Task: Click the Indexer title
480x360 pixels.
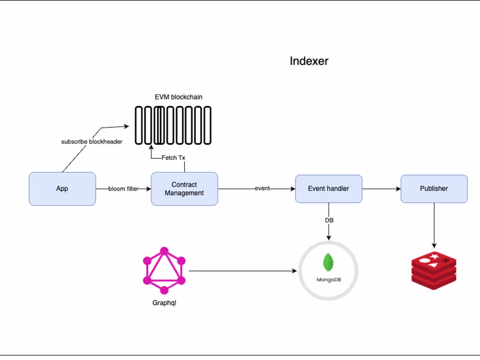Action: pyautogui.click(x=309, y=61)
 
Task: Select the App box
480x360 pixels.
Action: pyautogui.click(x=62, y=189)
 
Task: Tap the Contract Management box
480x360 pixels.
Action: pyautogui.click(x=184, y=189)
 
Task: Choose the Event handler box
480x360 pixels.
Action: pyautogui.click(x=329, y=189)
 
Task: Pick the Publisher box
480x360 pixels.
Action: pyautogui.click(x=434, y=189)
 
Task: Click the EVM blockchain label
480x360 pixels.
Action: pyautogui.click(x=178, y=97)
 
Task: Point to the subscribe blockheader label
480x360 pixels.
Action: pyautogui.click(x=92, y=142)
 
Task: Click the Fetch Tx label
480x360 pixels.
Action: pyautogui.click(x=173, y=158)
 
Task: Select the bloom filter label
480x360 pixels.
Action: pyautogui.click(x=123, y=189)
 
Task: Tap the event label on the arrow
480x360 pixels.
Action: pyautogui.click(x=262, y=189)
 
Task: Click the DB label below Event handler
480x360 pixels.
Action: pyautogui.click(x=329, y=220)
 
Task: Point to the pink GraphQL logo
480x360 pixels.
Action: pyautogui.click(x=164, y=271)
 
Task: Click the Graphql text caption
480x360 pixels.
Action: pyautogui.click(x=164, y=302)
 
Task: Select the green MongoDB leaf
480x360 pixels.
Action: pyautogui.click(x=329, y=262)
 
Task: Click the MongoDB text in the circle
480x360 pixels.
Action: pyautogui.click(x=329, y=279)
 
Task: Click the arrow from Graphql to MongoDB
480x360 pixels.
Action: pyautogui.click(x=242, y=271)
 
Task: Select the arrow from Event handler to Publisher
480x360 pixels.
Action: pyautogui.click(x=381, y=189)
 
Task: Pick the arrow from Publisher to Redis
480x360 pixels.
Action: pyautogui.click(x=434, y=225)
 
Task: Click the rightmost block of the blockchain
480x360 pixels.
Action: pyautogui.click(x=207, y=125)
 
